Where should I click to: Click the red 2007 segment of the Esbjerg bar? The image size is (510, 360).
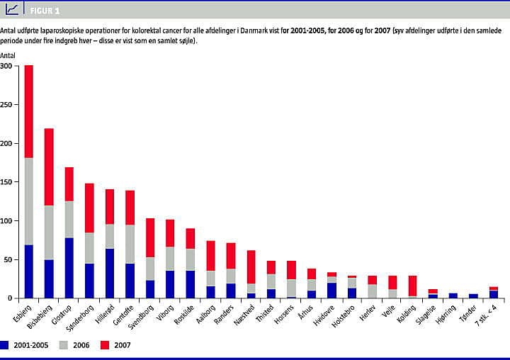(x=28, y=112)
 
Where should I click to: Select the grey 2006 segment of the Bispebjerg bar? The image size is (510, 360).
(x=49, y=232)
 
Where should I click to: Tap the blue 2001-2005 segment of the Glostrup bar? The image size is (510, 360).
(x=69, y=268)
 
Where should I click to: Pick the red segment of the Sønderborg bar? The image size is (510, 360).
(x=89, y=208)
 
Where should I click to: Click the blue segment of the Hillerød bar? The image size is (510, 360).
(x=110, y=274)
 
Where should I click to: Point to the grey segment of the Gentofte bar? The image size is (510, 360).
(x=130, y=244)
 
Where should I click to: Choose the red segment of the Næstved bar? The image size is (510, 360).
(x=251, y=267)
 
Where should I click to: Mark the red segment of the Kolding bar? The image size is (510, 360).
(x=413, y=286)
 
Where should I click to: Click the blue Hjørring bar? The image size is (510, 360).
(x=453, y=296)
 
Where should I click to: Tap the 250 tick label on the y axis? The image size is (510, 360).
(x=6, y=104)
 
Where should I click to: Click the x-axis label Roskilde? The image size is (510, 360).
(x=183, y=315)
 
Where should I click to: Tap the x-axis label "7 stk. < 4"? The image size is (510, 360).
(x=486, y=315)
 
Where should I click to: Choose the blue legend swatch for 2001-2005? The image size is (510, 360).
(x=4, y=345)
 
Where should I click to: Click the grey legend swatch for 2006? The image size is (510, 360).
(x=64, y=345)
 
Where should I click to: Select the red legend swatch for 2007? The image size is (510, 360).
(x=105, y=345)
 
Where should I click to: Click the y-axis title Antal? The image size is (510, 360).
(x=8, y=55)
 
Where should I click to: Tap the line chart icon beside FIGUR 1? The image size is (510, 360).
(x=12, y=9)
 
